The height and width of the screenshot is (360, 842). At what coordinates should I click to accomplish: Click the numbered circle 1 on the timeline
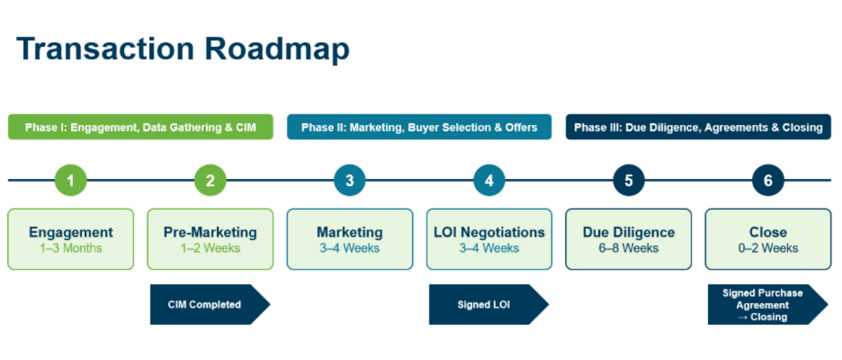[x=70, y=180]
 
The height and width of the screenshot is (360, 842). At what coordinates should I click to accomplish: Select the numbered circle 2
[x=210, y=180]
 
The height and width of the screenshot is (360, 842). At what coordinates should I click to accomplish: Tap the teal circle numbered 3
[x=349, y=180]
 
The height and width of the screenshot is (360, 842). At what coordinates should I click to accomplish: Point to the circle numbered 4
[x=489, y=180]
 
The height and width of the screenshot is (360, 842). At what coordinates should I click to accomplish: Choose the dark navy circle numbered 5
[x=629, y=180]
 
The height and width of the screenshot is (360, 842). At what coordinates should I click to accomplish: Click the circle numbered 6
[x=768, y=180]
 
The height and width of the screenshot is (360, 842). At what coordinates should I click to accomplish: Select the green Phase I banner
[x=140, y=127]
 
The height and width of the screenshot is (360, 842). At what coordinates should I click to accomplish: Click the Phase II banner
[x=419, y=127]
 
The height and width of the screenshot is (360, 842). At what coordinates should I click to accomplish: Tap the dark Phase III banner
[x=698, y=127]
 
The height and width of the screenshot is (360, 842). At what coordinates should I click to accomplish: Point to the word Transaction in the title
[x=105, y=49]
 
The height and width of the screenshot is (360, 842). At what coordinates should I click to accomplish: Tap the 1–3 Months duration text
[x=70, y=248]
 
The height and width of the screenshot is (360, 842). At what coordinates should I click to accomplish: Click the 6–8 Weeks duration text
[x=629, y=248]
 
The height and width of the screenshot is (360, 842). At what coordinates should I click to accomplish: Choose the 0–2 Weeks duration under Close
[x=768, y=248]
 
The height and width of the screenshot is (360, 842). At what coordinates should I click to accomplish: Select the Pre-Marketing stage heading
[x=210, y=232]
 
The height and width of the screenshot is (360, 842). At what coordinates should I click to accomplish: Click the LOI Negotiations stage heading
[x=489, y=232]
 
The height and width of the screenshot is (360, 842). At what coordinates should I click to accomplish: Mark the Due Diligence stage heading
[x=629, y=232]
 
